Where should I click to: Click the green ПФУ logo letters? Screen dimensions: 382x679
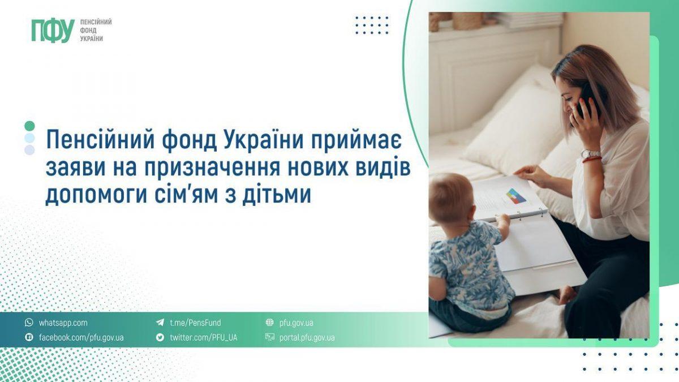coord(53,31)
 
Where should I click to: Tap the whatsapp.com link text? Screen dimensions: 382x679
coord(63,323)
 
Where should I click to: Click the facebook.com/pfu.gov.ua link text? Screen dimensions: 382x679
coord(81,338)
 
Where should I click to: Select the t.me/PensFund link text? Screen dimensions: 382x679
coord(195,323)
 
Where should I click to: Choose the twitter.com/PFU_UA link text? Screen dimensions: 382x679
coord(203,338)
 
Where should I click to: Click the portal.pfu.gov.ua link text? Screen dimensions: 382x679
coord(307,338)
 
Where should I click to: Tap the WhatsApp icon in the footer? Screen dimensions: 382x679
coord(29,323)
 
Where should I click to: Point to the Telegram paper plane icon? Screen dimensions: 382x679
coord(160,323)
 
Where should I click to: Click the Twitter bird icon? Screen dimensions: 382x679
coord(160,338)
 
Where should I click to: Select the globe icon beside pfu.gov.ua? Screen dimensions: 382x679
coord(269,323)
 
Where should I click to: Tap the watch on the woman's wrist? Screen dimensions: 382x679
coord(591,153)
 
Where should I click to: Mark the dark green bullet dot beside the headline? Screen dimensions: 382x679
coord(30,126)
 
